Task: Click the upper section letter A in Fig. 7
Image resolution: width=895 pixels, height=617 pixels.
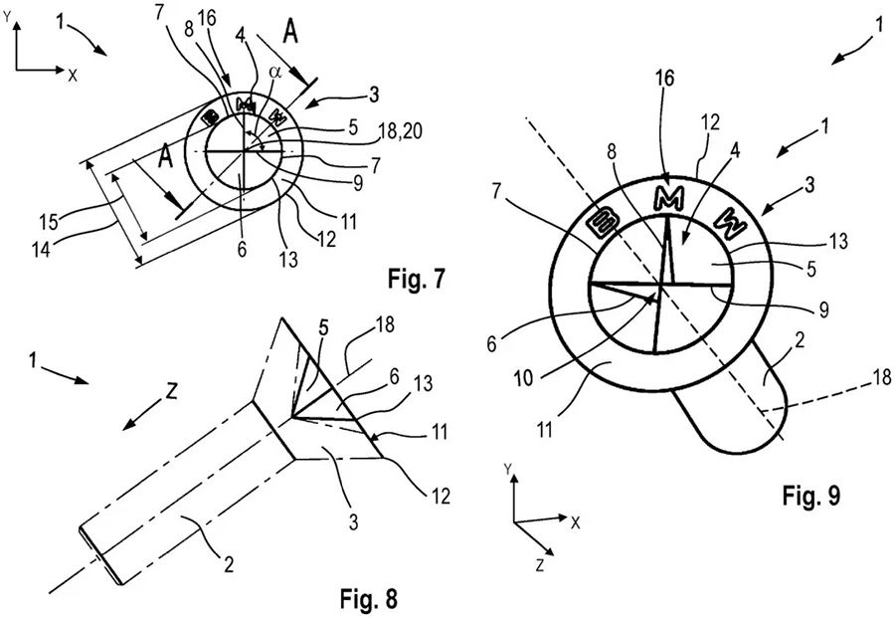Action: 290,33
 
